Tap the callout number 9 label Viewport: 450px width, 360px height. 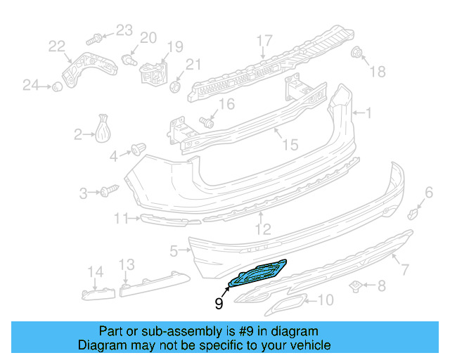[219, 304]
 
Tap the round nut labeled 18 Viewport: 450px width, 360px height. [356, 53]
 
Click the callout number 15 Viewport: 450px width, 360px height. [290, 144]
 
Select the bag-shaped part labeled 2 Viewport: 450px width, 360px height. [104, 129]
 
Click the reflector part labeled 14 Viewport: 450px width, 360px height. [98, 290]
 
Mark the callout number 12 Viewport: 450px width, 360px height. [262, 229]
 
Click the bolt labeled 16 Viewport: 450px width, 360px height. [207, 122]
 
